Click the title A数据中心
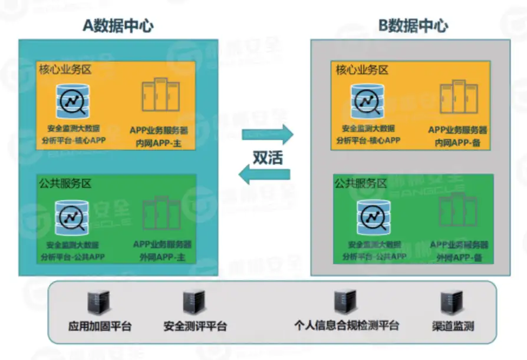tap(118, 25)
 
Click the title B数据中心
tap(412, 25)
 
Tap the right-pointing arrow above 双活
tap(268, 134)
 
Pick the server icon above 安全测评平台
tap(193, 303)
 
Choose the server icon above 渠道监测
tap(451, 303)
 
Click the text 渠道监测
tap(453, 326)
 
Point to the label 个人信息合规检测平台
tap(347, 325)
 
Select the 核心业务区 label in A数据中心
tap(65, 70)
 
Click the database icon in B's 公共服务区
tap(373, 217)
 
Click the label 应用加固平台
tap(100, 326)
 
